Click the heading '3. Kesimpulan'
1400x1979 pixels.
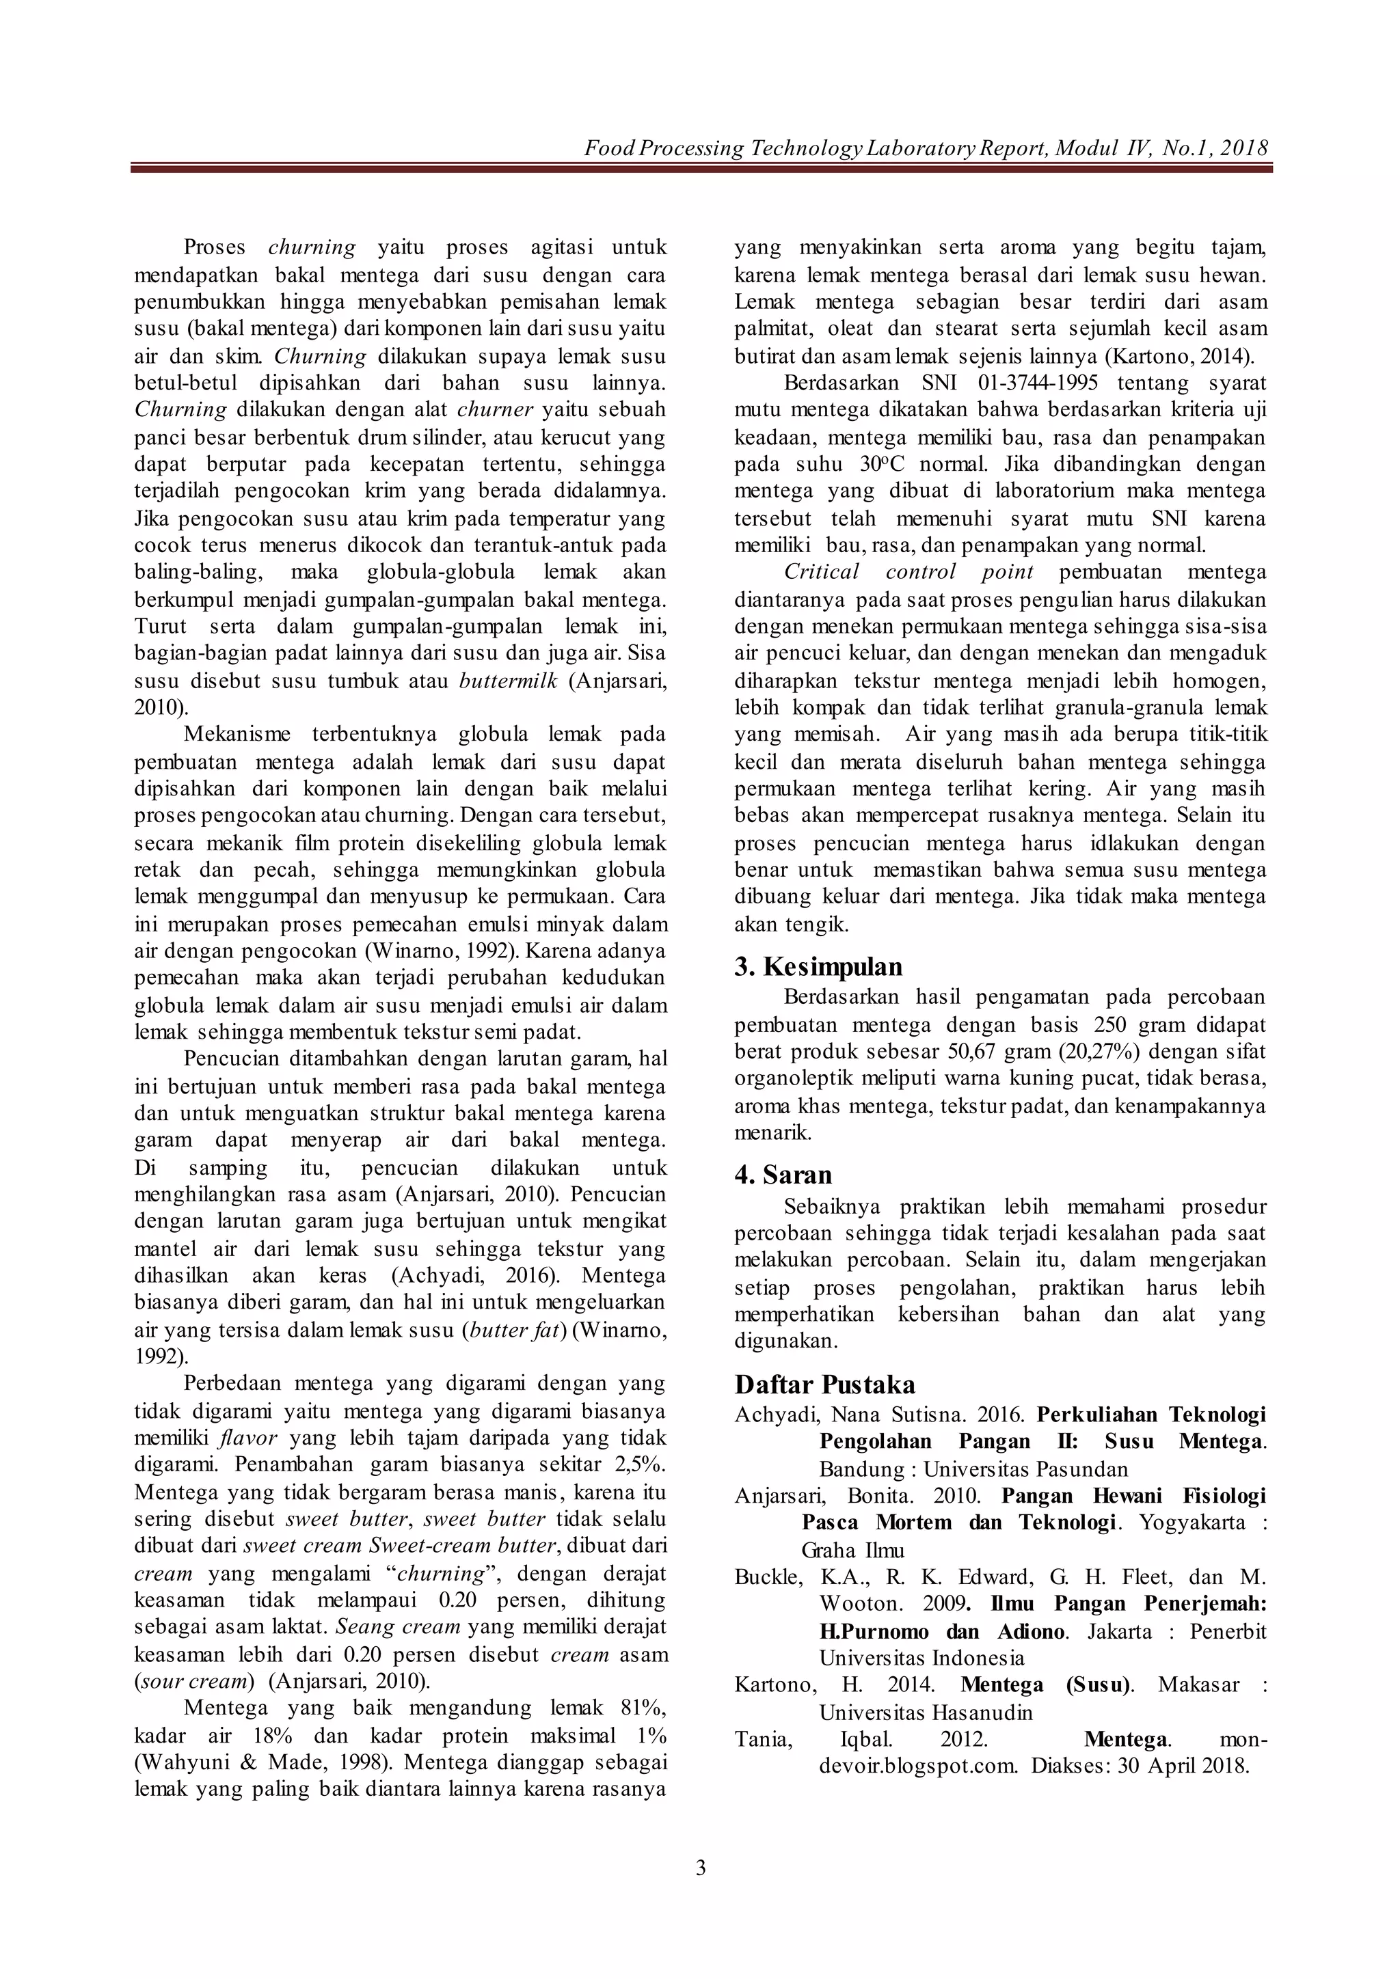point(818,967)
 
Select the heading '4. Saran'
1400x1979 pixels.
point(783,1175)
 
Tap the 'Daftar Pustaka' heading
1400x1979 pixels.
point(825,1384)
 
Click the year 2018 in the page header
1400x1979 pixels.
point(1244,148)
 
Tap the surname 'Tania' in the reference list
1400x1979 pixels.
point(762,1738)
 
